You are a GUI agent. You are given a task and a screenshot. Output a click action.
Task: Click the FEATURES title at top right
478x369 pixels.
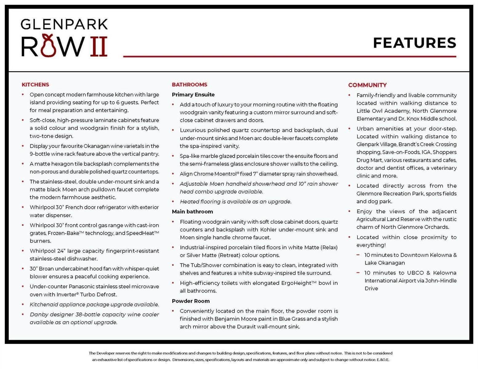414,43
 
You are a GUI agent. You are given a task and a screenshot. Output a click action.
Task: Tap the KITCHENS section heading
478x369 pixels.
35,85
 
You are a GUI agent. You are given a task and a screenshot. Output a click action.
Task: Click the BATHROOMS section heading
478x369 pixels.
190,85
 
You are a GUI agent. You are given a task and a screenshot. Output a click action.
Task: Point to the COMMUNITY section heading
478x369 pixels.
367,85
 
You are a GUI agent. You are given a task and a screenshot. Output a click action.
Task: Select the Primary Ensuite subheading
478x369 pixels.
193,95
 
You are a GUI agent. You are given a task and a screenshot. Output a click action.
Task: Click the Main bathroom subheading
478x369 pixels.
192,212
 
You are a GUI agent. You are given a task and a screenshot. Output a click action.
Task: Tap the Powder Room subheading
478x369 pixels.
191,301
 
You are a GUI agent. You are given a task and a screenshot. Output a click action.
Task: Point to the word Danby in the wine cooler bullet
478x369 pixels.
38,315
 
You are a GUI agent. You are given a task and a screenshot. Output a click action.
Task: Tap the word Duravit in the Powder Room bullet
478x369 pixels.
247,327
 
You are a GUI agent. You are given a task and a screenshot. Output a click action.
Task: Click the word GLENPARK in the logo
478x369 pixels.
64,24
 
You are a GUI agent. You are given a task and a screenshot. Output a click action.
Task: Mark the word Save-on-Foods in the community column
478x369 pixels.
400,152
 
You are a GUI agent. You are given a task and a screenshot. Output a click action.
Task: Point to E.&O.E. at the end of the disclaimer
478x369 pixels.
383,359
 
